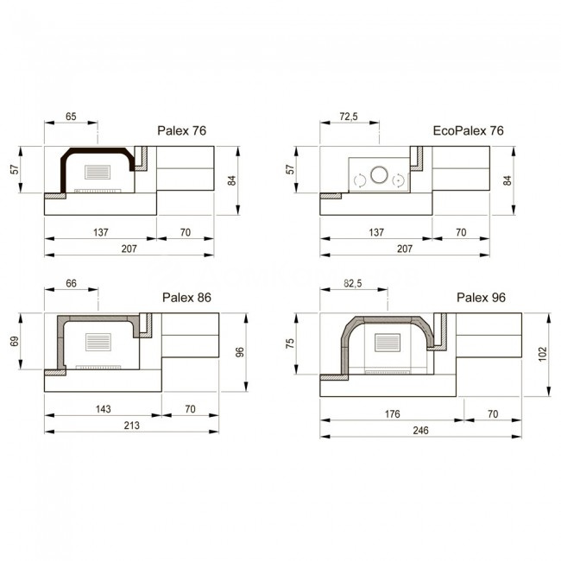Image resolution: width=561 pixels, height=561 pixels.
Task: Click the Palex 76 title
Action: [x=182, y=130]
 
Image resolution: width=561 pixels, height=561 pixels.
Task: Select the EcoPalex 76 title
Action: [x=468, y=130]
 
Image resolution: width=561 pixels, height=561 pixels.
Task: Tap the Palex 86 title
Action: [x=186, y=297]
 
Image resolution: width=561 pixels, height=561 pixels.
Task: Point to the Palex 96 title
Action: [x=481, y=297]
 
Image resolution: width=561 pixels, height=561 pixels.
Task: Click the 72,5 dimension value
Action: [x=349, y=117]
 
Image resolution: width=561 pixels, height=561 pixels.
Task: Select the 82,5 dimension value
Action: [x=353, y=283]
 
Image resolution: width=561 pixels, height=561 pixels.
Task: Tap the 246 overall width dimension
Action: [x=420, y=430]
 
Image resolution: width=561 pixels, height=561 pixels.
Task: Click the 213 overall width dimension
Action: [x=131, y=425]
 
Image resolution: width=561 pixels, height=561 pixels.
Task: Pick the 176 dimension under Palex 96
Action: [x=392, y=414]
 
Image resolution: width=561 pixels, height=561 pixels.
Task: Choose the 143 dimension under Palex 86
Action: [x=103, y=409]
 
